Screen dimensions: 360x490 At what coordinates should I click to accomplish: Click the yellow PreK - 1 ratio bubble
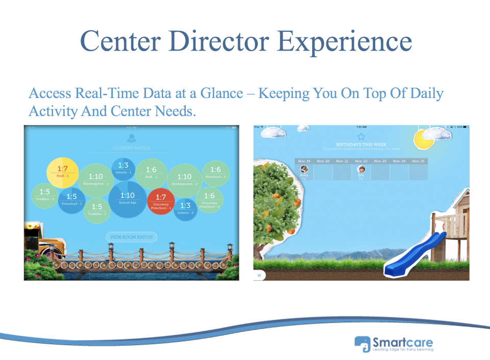62,172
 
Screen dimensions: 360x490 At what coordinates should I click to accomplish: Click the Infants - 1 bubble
123,167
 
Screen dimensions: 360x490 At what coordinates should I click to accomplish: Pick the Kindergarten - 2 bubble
184,179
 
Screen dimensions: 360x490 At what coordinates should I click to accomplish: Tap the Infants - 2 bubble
185,208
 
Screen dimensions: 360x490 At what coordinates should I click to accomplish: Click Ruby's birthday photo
304,170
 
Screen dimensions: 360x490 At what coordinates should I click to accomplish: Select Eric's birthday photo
361,170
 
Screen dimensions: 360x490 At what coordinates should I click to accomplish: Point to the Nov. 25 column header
418,161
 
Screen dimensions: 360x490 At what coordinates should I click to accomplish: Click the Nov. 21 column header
342,161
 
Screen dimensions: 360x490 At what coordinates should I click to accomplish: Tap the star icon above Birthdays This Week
361,136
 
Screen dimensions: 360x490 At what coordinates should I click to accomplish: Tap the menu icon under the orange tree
259,275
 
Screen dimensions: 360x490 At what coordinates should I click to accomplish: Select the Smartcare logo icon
362,343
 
